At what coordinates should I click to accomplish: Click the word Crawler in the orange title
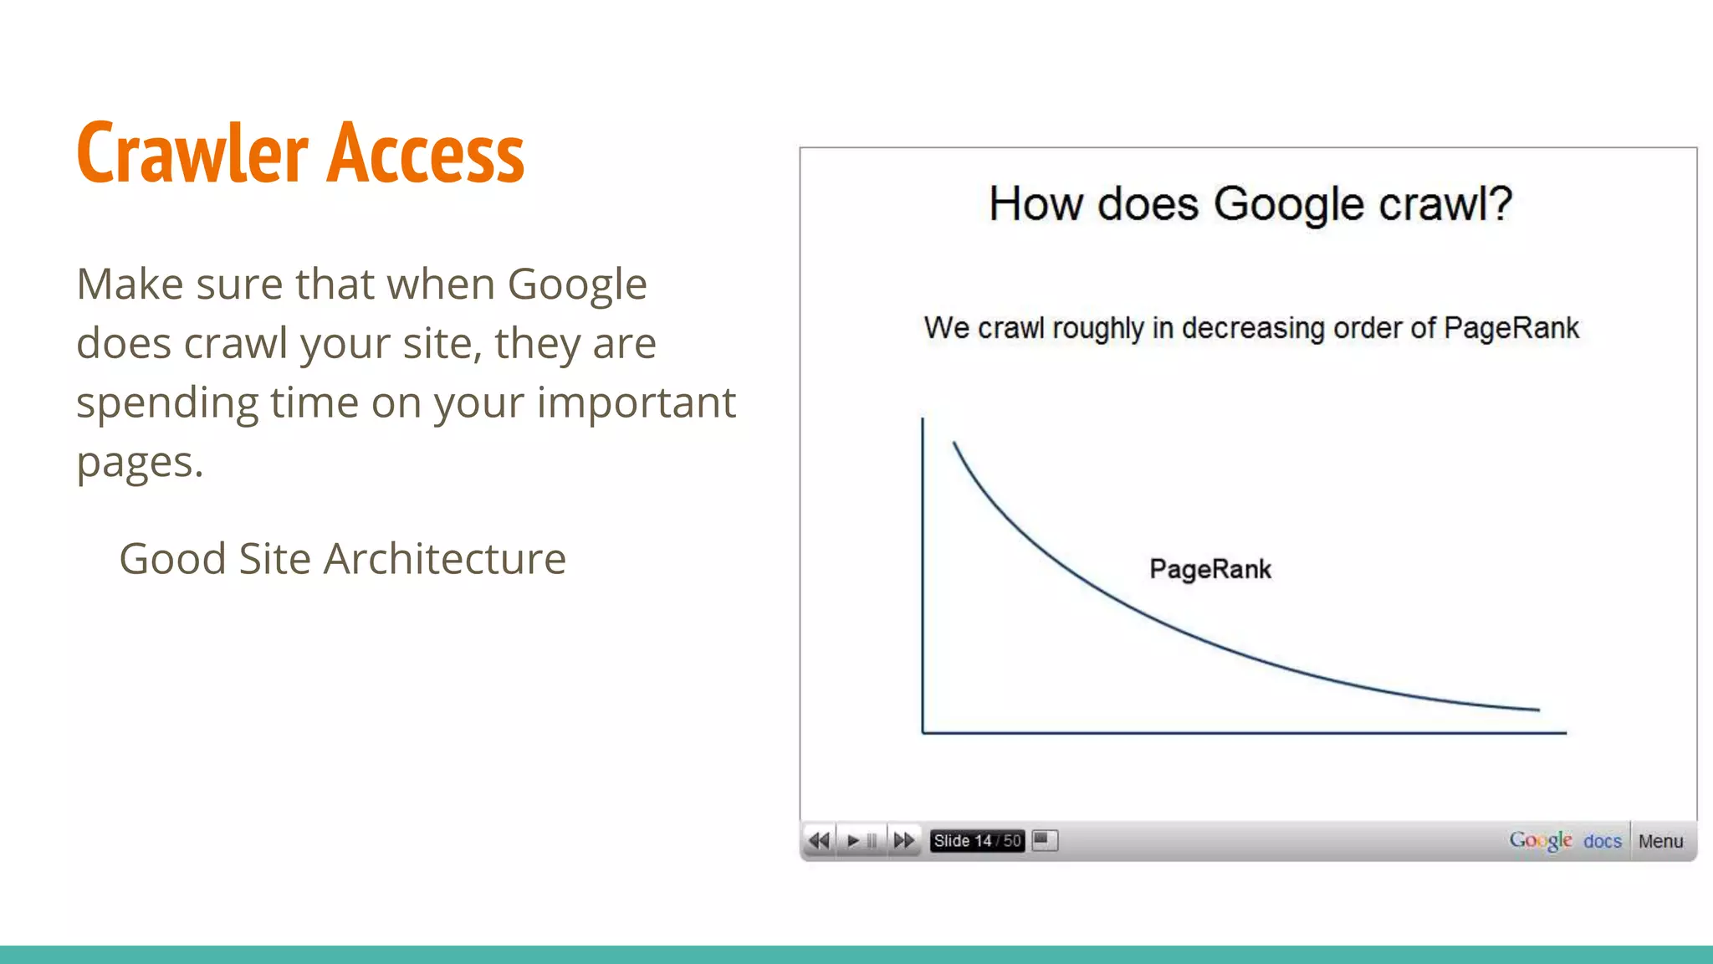tap(192, 153)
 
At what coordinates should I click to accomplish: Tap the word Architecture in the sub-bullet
tap(444, 559)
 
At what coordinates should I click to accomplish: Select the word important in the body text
tap(636, 403)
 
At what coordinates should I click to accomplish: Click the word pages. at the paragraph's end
tap(140, 463)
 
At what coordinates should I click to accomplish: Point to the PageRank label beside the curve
tap(1209, 570)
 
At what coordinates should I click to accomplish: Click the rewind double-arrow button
tap(820, 840)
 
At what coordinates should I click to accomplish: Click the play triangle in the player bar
tap(852, 840)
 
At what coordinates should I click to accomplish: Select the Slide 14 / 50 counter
tap(977, 840)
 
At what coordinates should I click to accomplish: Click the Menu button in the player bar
tap(1660, 841)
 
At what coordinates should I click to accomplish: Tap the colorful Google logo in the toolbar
tap(1540, 840)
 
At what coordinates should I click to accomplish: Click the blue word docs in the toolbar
tap(1602, 841)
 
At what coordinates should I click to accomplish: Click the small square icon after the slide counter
tap(1045, 839)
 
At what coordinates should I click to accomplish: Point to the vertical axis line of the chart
tap(923, 577)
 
